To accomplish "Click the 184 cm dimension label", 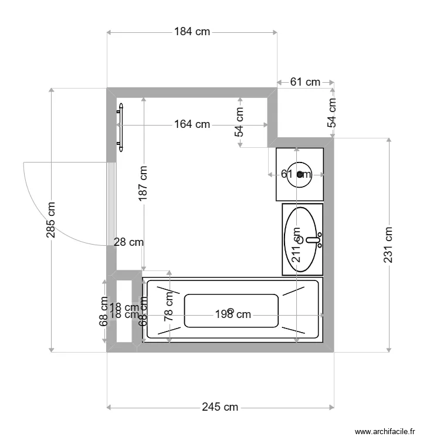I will pyautogui.click(x=192, y=32).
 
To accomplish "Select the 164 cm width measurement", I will pyautogui.click(x=192, y=124).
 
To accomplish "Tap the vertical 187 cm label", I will pyautogui.click(x=143, y=184).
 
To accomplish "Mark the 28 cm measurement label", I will pyautogui.click(x=128, y=242).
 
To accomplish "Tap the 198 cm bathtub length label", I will pyautogui.click(x=233, y=314).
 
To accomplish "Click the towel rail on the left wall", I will pyautogui.click(x=121, y=127).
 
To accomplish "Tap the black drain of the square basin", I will pyautogui.click(x=300, y=174).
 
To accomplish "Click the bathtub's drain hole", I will pyautogui.click(x=231, y=310).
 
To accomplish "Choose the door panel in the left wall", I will pyautogui.click(x=111, y=202).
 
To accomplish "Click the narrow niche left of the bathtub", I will pyautogui.click(x=124, y=311).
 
